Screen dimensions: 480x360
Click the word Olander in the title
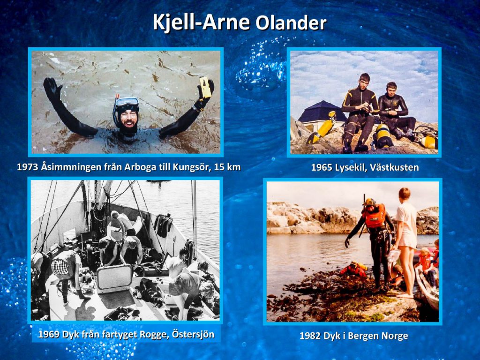pos(291,23)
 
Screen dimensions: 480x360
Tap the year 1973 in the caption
pos(27,167)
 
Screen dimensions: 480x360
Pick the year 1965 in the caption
pos(322,167)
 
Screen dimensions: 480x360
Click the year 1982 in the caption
pos(310,336)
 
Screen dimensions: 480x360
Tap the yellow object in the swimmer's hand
pos(205,87)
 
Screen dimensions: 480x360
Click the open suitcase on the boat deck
pos(114,278)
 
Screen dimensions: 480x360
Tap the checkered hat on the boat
pos(60,267)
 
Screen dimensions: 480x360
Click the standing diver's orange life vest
pos(375,217)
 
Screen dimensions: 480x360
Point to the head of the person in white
pos(405,194)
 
